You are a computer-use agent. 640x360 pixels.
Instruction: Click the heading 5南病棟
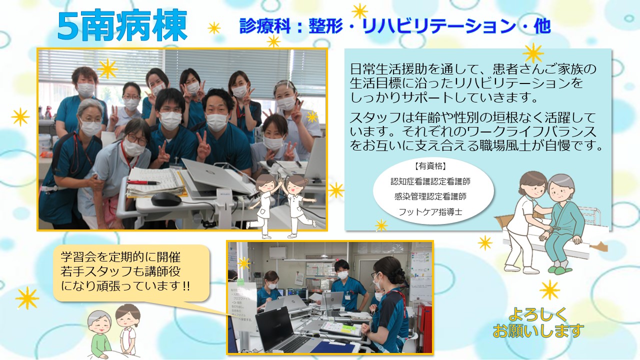click(x=122, y=25)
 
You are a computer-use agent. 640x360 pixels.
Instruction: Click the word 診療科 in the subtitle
click(x=264, y=26)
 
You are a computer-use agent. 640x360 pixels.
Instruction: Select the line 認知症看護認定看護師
click(x=430, y=181)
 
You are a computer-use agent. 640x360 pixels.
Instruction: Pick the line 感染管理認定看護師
click(x=430, y=196)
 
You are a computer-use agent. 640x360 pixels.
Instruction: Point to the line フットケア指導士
click(x=430, y=211)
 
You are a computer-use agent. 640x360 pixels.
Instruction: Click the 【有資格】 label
click(x=430, y=165)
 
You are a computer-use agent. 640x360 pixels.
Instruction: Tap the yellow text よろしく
click(x=537, y=314)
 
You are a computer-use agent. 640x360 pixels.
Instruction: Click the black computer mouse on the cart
click(x=166, y=199)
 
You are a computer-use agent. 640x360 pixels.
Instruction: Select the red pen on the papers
click(x=143, y=182)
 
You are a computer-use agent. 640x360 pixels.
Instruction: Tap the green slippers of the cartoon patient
click(x=559, y=270)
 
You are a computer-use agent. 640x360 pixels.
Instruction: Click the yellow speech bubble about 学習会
click(x=131, y=273)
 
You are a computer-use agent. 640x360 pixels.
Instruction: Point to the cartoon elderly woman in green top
click(x=99, y=334)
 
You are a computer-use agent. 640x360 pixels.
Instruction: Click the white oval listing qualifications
click(x=433, y=191)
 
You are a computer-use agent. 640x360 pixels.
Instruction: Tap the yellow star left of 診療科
click(x=214, y=28)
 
